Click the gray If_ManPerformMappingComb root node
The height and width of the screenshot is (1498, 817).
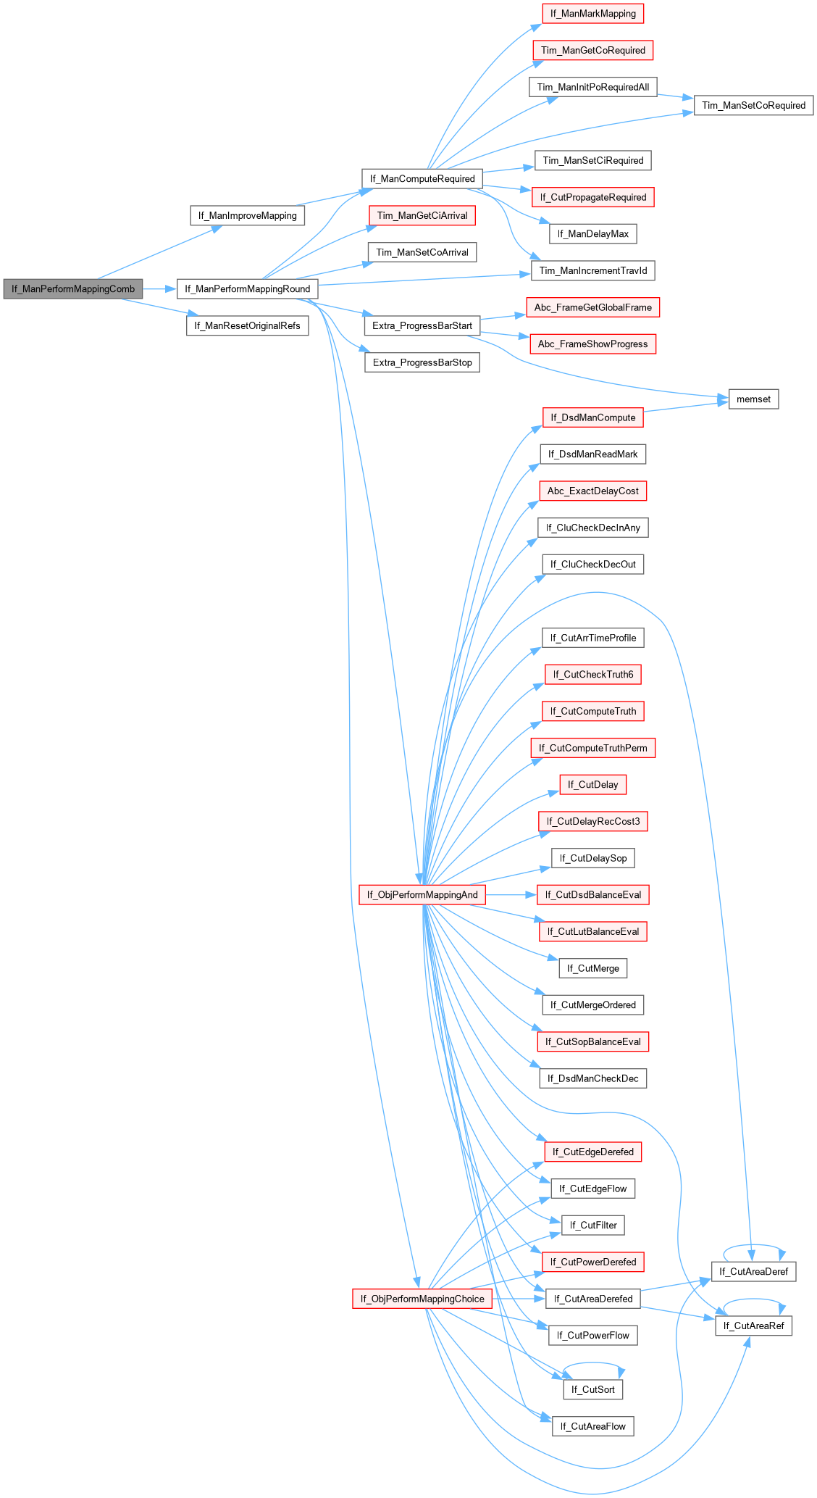point(72,288)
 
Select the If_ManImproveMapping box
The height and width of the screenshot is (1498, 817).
point(247,215)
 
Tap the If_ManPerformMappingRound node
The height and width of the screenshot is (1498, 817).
point(247,288)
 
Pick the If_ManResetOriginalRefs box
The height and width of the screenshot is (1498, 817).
point(247,325)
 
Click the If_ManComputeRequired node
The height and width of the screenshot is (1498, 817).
point(422,178)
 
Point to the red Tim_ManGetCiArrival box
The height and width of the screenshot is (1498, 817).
point(422,215)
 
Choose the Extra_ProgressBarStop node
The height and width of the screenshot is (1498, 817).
point(422,362)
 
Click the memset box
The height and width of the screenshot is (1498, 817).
point(753,399)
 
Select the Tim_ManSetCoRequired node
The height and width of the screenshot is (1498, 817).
point(753,105)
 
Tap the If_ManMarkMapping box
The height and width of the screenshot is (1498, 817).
point(592,13)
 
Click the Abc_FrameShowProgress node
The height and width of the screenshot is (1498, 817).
point(592,344)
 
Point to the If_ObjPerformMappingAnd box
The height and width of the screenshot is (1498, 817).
point(422,894)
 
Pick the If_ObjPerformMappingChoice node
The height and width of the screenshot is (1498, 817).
point(422,1298)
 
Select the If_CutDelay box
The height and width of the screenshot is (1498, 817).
point(592,784)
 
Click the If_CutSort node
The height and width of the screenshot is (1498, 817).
point(592,1389)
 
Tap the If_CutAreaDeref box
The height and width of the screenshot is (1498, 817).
point(753,1271)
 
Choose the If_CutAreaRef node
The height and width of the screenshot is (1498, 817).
point(753,1326)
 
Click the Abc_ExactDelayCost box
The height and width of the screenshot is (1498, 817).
point(592,491)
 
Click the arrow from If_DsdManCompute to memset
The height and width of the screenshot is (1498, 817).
point(685,407)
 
